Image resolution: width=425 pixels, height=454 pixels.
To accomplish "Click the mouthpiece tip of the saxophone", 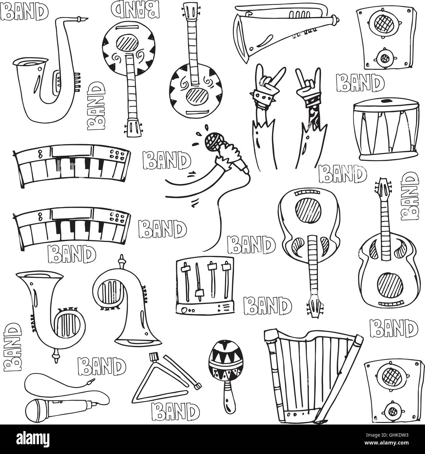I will click(x=86, y=20).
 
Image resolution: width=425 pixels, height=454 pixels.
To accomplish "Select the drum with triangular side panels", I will click(x=386, y=131).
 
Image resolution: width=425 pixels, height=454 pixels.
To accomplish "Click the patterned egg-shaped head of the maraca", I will click(x=220, y=356).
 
